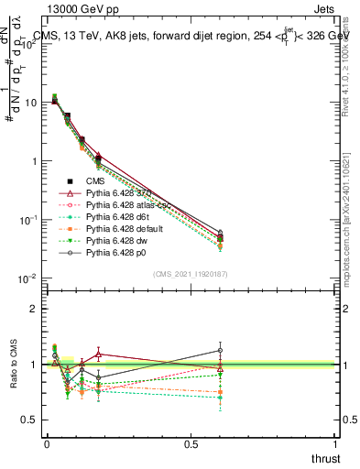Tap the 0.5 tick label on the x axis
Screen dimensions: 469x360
click(191, 443)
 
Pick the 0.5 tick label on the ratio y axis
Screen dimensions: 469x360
click(29, 420)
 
